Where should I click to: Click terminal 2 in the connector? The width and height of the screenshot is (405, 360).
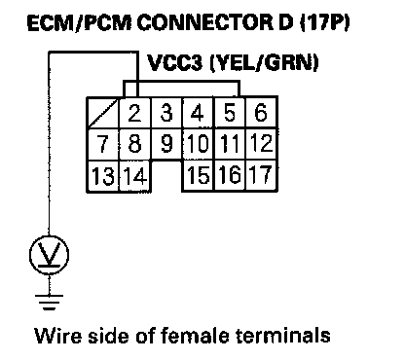(x=135, y=113)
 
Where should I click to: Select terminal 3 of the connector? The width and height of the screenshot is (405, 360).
(x=166, y=113)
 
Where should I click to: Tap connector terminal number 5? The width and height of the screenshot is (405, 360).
(x=230, y=113)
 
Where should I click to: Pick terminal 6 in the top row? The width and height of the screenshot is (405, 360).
(x=262, y=113)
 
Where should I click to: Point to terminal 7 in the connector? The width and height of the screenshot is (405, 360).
(x=103, y=144)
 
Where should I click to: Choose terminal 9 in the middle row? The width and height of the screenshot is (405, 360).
(x=166, y=144)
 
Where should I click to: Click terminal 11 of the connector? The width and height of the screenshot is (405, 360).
(x=230, y=144)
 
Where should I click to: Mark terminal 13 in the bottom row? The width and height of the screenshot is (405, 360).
(x=103, y=176)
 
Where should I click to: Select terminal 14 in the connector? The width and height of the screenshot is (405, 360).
(x=135, y=176)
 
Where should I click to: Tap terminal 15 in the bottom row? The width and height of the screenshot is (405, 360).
(x=199, y=175)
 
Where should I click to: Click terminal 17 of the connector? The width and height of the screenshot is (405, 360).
(x=262, y=175)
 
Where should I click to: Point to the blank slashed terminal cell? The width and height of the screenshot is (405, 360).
(x=103, y=113)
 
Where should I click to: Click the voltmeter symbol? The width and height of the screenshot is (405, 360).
(x=49, y=255)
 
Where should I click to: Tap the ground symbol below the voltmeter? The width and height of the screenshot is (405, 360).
(x=49, y=302)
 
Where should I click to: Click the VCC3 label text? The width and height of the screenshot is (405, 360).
(x=175, y=62)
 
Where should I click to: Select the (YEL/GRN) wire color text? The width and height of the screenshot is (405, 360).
(x=264, y=62)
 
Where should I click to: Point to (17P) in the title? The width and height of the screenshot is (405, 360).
(x=325, y=23)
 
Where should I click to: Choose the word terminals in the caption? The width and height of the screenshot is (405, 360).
(x=282, y=336)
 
